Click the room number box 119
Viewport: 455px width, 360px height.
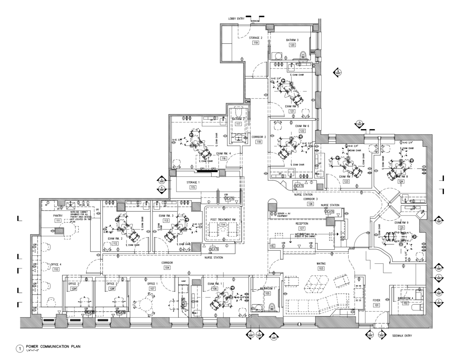point(255,43)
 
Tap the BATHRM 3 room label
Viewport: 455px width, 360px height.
point(292,40)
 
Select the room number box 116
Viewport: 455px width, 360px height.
point(224,158)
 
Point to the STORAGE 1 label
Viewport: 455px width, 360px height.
point(193,182)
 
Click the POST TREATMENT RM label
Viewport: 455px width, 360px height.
point(223,220)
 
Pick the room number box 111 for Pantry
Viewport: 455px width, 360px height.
point(58,221)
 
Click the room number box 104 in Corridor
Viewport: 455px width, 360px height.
point(167,268)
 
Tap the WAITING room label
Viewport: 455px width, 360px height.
point(321,264)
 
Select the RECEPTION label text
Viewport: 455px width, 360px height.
point(302,224)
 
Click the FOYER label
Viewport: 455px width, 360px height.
point(377,301)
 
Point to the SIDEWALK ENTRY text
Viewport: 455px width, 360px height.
point(402,336)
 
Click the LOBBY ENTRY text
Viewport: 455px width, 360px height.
point(236,19)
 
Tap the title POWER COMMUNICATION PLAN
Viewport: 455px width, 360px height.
point(53,347)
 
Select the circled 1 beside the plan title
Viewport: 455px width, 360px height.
point(20,348)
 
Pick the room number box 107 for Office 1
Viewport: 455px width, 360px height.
point(152,289)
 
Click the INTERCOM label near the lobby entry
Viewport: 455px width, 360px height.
point(255,21)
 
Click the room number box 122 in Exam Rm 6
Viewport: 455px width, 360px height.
point(302,131)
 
